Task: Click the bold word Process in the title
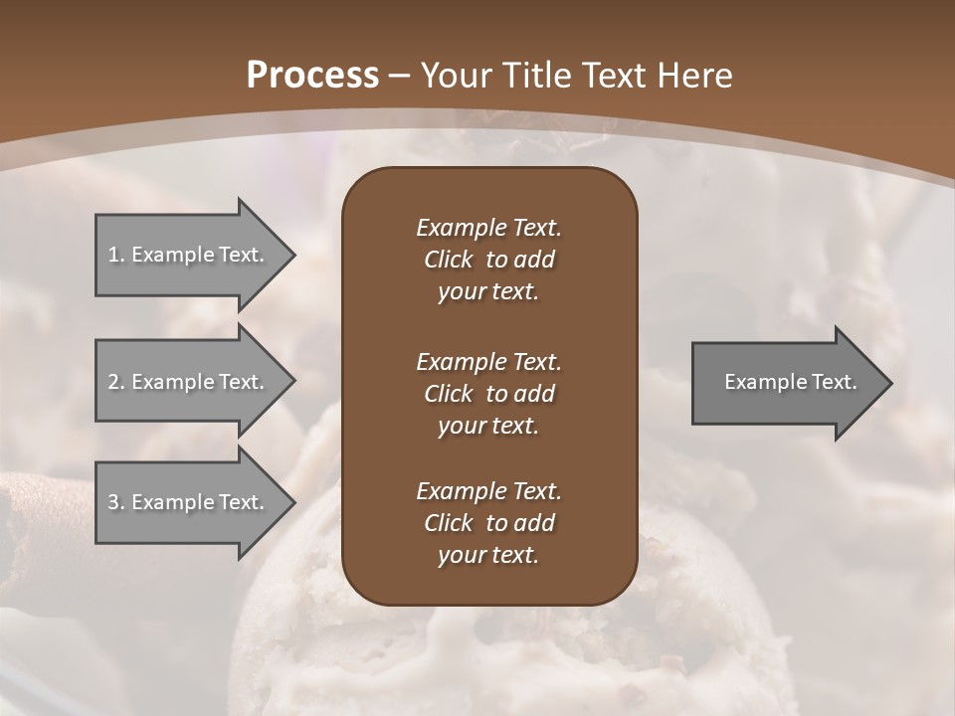[312, 76]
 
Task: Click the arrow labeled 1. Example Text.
[189, 255]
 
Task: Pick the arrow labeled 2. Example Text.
[189, 382]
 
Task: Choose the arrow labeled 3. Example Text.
[189, 502]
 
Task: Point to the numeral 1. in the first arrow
[116, 255]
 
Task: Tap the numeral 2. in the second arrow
[116, 382]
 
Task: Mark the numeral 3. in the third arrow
[116, 502]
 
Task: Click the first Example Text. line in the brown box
[488, 228]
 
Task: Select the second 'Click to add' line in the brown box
[488, 394]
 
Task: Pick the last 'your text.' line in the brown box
[488, 556]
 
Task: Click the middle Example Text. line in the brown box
[488, 362]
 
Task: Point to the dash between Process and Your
[400, 76]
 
